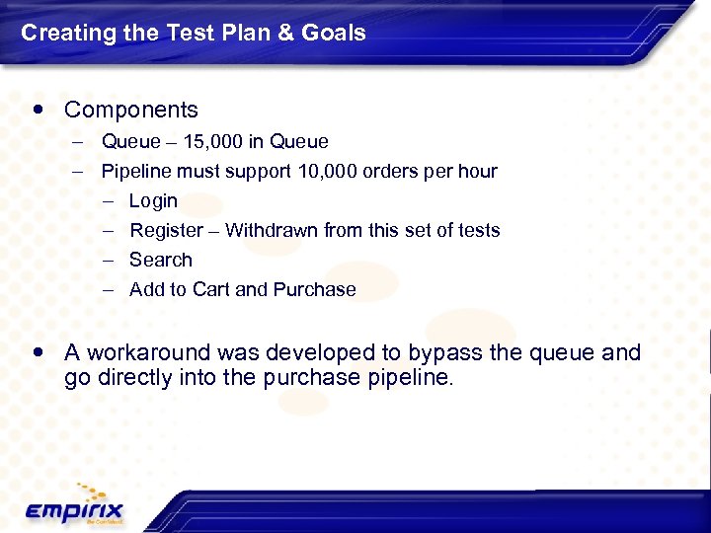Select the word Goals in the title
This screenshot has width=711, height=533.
pyautogui.click(x=331, y=33)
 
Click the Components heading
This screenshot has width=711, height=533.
pyautogui.click(x=130, y=110)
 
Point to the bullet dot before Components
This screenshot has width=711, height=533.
pyautogui.click(x=38, y=110)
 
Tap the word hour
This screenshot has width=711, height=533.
pyautogui.click(x=477, y=171)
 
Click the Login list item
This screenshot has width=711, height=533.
pyautogui.click(x=153, y=200)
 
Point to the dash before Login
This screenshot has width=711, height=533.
pyautogui.click(x=107, y=201)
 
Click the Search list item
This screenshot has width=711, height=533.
pyautogui.click(x=160, y=260)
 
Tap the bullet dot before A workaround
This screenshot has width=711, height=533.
pyautogui.click(x=38, y=352)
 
